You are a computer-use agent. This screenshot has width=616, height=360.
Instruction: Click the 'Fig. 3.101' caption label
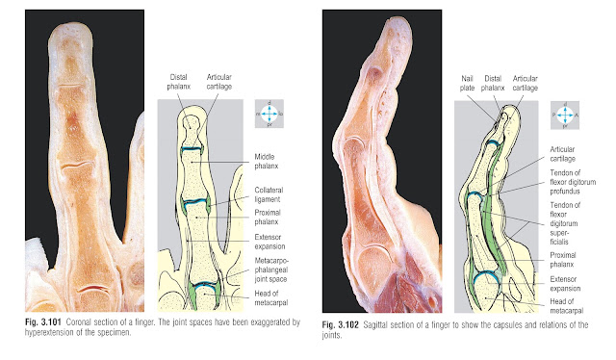(43, 322)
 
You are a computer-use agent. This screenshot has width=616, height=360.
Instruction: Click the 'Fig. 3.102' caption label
(340, 325)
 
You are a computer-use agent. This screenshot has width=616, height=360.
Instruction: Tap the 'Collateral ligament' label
(269, 194)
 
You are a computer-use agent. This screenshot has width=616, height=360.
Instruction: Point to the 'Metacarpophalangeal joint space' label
(271, 270)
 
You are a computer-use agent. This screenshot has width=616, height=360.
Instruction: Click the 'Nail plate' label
(467, 84)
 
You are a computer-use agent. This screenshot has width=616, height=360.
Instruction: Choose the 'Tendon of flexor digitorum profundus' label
(573, 182)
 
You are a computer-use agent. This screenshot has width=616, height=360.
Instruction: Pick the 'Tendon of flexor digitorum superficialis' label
(565, 223)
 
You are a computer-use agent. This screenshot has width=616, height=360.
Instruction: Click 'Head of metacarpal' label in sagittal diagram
(567, 306)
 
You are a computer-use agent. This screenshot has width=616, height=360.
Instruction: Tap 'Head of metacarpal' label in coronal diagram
(271, 297)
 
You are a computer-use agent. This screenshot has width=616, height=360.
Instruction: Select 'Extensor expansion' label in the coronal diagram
(269, 242)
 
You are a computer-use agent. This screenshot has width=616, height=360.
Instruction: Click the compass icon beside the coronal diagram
(269, 114)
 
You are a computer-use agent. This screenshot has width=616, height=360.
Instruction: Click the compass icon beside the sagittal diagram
(565, 116)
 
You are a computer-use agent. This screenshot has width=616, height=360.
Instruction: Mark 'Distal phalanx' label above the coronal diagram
(178, 82)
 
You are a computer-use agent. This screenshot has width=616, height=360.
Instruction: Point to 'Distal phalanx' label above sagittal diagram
(493, 84)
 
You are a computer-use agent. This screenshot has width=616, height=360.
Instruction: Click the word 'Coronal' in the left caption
(79, 322)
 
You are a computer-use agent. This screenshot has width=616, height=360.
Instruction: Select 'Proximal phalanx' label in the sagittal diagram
(562, 260)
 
